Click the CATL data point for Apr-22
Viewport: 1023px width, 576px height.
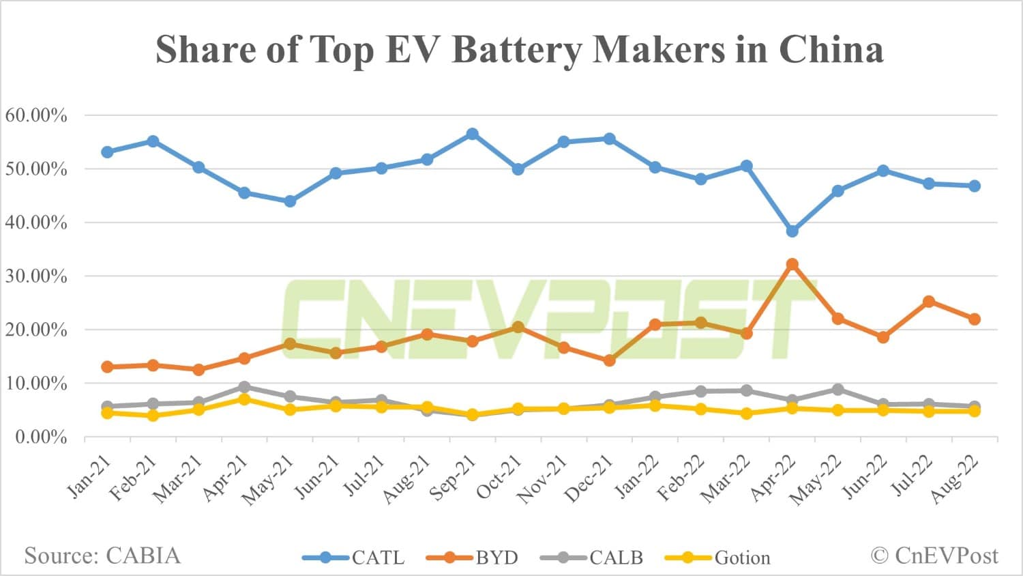[x=792, y=231]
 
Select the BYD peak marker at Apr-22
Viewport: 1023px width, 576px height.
[x=792, y=264]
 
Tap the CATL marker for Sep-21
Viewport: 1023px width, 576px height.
[x=472, y=134]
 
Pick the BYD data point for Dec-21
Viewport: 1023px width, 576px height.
[x=609, y=360]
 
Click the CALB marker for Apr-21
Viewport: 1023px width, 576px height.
[x=244, y=387]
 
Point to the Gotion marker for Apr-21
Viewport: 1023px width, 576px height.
[x=244, y=399]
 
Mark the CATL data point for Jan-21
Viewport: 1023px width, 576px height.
[x=107, y=152]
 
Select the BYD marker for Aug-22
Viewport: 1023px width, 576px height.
[x=975, y=319]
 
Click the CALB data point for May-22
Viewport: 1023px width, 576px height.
[x=837, y=390]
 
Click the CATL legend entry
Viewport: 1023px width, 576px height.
[x=354, y=558]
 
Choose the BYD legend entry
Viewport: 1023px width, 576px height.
[x=473, y=558]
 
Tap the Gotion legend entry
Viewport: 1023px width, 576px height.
[x=717, y=558]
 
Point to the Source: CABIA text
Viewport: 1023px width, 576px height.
[x=102, y=556]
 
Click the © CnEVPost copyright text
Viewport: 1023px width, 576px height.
[x=934, y=556]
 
